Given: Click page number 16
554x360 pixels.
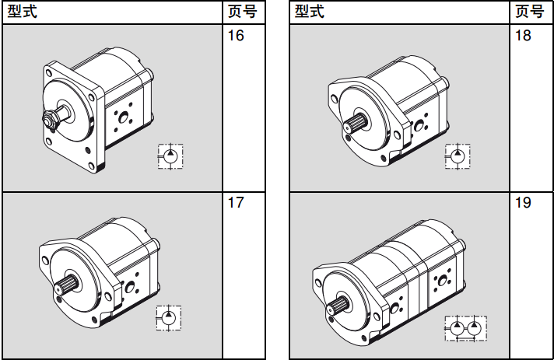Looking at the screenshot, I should [x=236, y=37].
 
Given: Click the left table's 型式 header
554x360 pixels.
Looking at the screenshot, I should [x=21, y=12].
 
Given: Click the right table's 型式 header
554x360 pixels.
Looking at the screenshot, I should [x=310, y=12].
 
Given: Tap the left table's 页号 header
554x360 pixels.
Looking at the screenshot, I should [x=242, y=12].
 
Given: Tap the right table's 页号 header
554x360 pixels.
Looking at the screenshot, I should [x=530, y=12].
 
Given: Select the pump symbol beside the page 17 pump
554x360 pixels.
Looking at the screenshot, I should [x=170, y=317].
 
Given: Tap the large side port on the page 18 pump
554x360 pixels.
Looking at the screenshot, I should [x=419, y=125].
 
